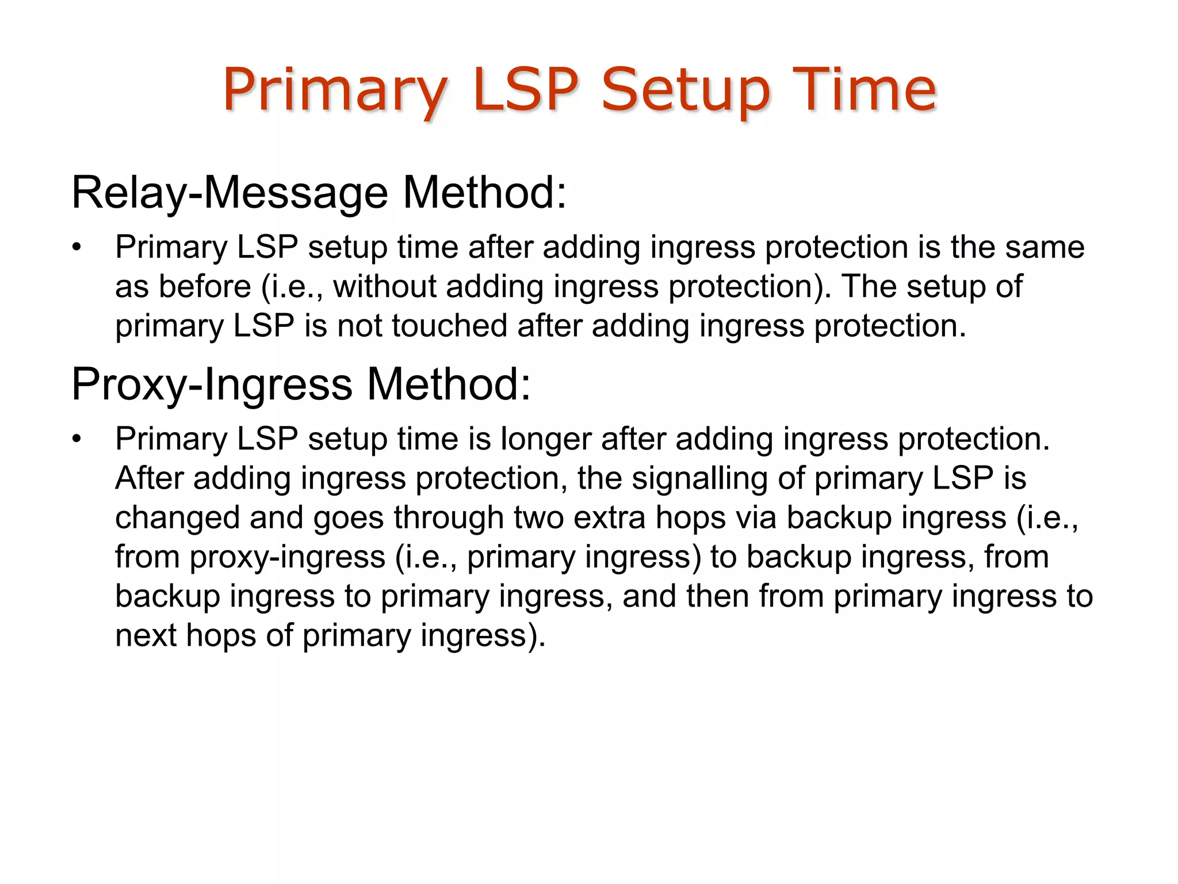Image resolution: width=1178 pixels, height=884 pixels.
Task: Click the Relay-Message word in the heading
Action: (230, 193)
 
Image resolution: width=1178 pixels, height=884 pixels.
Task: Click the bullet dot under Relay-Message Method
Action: (77, 249)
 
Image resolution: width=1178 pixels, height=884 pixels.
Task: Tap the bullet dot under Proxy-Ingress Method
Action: (77, 440)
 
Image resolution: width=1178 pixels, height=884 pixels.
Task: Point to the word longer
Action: (545, 439)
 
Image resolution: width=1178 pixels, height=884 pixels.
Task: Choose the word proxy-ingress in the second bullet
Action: (287, 557)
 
